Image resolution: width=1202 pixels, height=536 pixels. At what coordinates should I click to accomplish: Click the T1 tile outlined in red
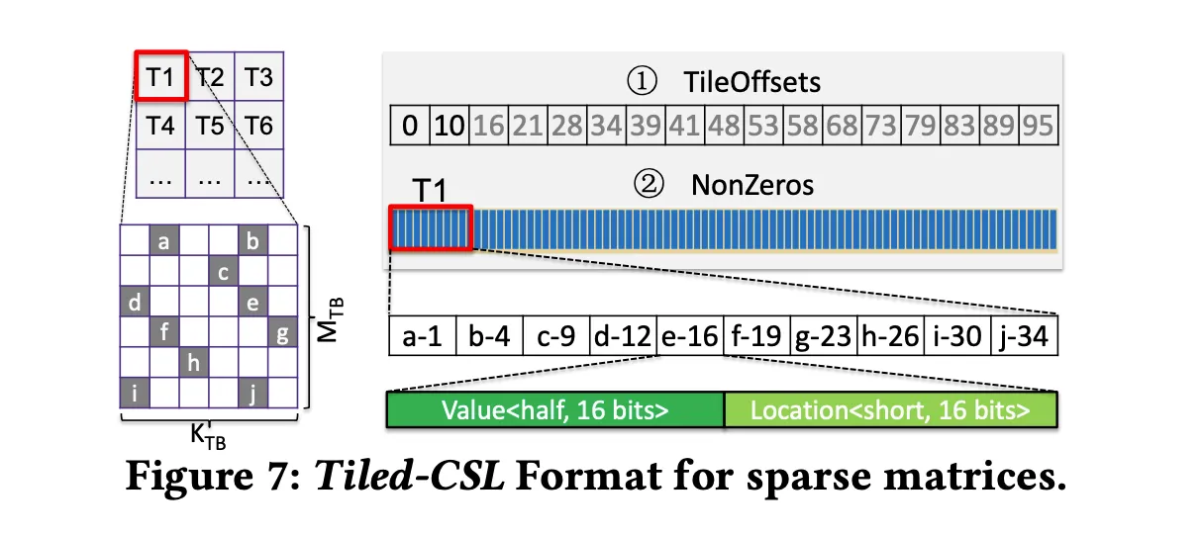[x=161, y=75]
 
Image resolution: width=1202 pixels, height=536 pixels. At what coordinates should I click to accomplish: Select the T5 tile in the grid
[x=210, y=125]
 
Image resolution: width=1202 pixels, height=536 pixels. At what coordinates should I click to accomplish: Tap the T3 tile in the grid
[x=259, y=76]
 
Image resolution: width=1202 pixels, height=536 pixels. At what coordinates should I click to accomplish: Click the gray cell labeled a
[x=163, y=240]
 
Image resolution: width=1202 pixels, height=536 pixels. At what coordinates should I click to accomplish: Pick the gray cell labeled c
[x=223, y=271]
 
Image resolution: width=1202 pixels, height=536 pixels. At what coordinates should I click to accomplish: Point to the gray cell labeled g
[x=283, y=331]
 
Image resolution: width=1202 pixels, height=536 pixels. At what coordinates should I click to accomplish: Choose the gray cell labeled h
[x=194, y=362]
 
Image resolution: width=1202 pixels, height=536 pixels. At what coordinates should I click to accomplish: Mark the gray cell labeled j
[x=252, y=393]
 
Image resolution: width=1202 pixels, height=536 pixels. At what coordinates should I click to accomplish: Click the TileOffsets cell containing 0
[x=410, y=126]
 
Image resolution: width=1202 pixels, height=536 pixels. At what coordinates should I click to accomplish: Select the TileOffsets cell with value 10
[x=450, y=126]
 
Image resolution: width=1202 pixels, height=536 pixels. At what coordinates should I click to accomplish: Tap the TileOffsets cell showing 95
[x=1039, y=126]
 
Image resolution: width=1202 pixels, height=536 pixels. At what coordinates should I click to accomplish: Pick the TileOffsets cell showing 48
[x=725, y=126]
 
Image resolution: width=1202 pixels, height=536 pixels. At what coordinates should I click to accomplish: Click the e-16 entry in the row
[x=690, y=336]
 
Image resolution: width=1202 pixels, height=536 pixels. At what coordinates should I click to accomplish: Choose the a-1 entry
[x=423, y=336]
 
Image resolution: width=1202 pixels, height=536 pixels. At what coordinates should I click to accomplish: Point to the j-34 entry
[x=1025, y=336]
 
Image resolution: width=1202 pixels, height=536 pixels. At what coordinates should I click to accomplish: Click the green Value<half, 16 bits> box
[x=555, y=410]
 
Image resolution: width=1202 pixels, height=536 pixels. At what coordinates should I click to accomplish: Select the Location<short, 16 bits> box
[x=891, y=410]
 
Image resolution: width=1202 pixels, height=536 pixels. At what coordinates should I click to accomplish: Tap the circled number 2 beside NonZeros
[x=649, y=185]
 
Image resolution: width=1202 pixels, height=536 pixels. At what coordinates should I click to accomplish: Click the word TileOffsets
[x=751, y=82]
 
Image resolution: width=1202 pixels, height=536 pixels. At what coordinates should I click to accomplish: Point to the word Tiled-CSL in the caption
[x=409, y=476]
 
